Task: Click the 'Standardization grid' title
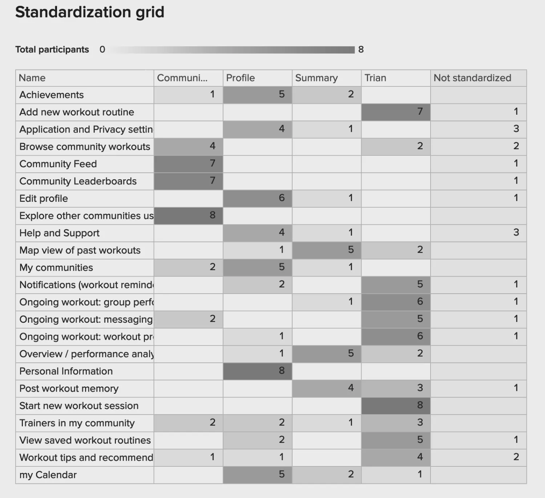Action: [x=90, y=12]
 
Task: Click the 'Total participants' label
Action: [x=52, y=49]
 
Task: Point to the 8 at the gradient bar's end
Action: [x=361, y=49]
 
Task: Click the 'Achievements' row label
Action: [x=52, y=95]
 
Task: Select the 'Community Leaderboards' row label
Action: [x=78, y=181]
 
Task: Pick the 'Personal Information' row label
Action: [x=66, y=371]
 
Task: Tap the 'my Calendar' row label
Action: [x=48, y=475]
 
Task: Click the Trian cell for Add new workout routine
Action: [x=396, y=112]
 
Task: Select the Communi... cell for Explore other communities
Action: [x=188, y=216]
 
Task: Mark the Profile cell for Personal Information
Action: [x=257, y=371]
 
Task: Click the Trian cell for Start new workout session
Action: [x=396, y=405]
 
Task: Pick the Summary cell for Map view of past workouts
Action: [x=327, y=250]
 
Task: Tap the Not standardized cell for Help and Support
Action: [x=478, y=233]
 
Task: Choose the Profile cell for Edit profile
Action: [x=257, y=198]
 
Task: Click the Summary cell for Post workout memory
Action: [x=327, y=388]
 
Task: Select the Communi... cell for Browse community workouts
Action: [x=188, y=146]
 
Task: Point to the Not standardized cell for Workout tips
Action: [x=478, y=457]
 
